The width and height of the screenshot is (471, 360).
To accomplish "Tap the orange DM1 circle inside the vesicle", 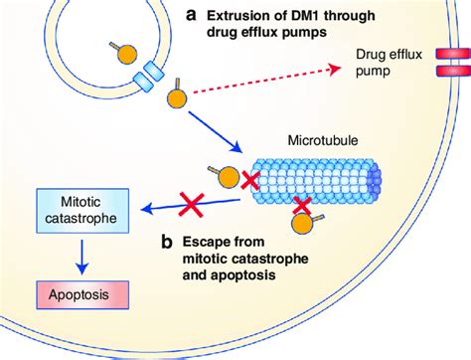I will (130, 52).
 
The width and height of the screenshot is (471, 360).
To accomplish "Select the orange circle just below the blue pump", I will (177, 99).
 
